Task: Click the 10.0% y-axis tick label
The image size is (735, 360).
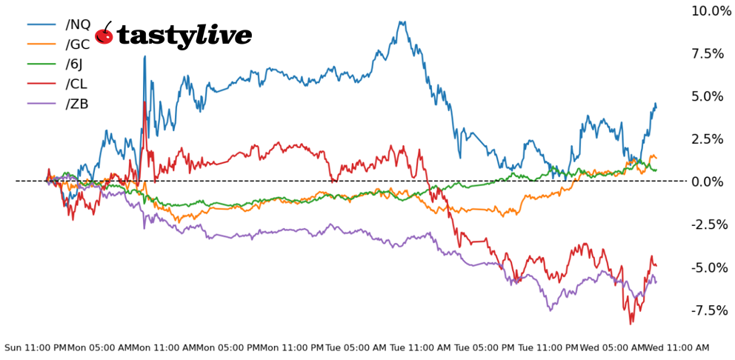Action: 711,10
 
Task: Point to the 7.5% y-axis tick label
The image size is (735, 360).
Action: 707,53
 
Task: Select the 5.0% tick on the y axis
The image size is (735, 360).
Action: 707,96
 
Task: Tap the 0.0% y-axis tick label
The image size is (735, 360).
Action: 707,181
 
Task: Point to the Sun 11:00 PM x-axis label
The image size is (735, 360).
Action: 35,347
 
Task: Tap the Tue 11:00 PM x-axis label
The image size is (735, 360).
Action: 548,347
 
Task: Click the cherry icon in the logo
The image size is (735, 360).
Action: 104,34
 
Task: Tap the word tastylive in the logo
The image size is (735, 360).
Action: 184,35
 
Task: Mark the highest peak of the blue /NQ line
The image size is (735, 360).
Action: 402,21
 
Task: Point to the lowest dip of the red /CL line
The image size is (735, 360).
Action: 631,324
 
